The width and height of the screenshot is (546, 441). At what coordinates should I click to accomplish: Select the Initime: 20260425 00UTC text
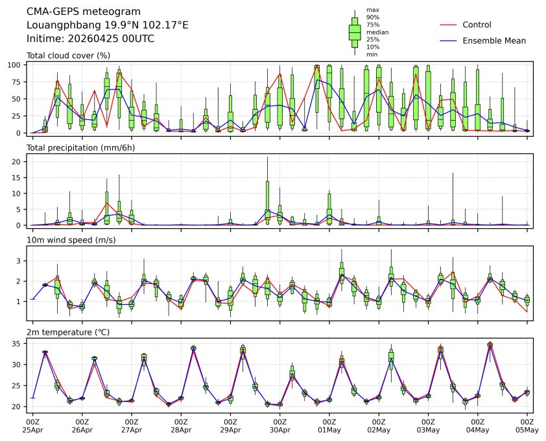[90, 38]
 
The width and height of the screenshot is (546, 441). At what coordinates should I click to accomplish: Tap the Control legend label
[477, 25]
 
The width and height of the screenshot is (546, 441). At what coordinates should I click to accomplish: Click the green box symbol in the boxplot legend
[355, 32]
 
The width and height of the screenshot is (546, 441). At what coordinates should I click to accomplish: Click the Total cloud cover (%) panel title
[68, 56]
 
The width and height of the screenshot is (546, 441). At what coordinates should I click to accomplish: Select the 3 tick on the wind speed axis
[20, 261]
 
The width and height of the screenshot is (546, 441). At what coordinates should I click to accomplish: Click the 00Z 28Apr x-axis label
[181, 425]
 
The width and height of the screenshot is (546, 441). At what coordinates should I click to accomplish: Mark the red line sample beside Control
[449, 25]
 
